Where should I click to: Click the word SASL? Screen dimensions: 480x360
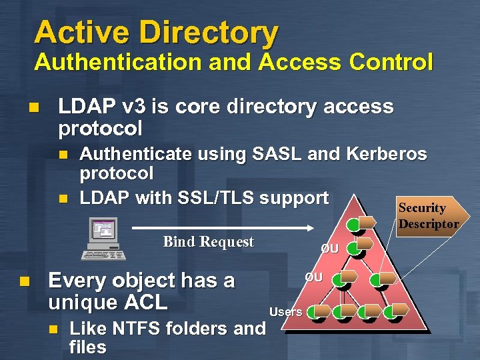click(277, 155)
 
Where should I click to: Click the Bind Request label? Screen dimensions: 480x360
click(208, 241)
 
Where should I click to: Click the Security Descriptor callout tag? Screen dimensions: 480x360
click(428, 215)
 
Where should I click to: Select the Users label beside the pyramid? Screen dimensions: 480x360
click(285, 312)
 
